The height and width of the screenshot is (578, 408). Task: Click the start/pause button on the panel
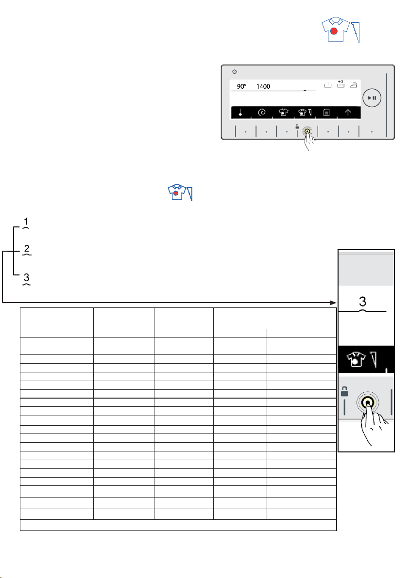372,97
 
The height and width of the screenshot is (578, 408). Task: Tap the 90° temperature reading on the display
241,86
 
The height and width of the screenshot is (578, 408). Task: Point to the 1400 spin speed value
263,86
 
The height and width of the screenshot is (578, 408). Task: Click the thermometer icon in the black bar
240,112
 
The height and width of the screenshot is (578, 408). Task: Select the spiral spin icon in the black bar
262,112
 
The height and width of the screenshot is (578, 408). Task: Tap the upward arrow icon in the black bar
348,112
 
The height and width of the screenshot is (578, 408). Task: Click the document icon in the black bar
326,112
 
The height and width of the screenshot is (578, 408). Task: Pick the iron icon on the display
353,85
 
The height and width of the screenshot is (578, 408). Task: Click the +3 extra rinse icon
340,84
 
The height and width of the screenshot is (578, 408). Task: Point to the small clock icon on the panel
235,71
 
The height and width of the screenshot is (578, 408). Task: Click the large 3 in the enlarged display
362,302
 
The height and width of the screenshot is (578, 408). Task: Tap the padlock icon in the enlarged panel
344,391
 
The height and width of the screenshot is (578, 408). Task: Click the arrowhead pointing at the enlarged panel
333,303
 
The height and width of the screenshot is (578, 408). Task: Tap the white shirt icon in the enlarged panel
356,359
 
